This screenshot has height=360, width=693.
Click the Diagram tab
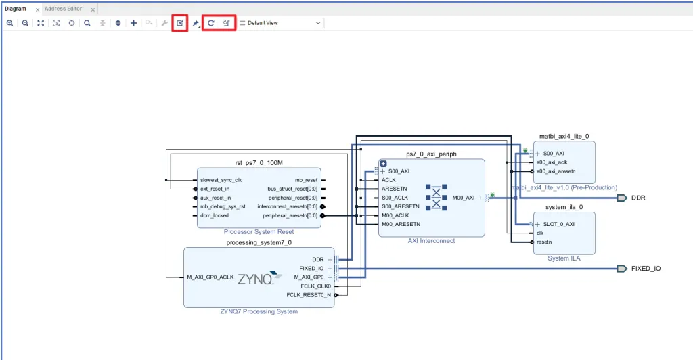pos(15,9)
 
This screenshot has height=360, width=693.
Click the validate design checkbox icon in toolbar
pos(179,23)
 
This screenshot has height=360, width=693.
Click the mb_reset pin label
pos(306,180)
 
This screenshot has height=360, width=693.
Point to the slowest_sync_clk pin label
pos(221,180)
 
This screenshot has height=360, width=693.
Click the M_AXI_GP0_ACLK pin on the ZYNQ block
pos(210,277)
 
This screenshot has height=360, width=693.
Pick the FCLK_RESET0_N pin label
pos(309,295)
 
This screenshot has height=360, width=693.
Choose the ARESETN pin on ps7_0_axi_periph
pos(395,189)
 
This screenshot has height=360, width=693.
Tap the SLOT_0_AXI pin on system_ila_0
pos(559,224)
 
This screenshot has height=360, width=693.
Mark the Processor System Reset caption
pos(259,232)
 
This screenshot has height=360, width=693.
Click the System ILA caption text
pos(564,258)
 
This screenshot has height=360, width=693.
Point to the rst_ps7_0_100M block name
pos(259,162)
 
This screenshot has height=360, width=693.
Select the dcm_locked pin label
pos(215,215)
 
